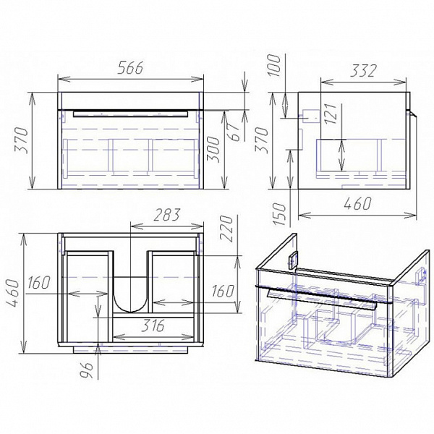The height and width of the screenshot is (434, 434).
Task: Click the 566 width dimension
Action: tap(130, 67)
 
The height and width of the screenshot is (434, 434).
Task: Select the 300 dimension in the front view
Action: tap(213, 149)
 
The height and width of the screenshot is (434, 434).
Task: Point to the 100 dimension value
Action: tap(274, 65)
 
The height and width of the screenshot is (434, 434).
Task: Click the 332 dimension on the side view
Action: tap(363, 71)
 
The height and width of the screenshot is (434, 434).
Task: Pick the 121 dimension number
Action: tap(331, 114)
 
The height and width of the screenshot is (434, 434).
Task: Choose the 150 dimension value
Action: tap(278, 214)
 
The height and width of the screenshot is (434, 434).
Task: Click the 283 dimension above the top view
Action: tap(166, 215)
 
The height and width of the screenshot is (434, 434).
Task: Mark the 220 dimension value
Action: tap(226, 229)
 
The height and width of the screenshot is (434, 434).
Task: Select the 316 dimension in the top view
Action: tap(153, 325)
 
